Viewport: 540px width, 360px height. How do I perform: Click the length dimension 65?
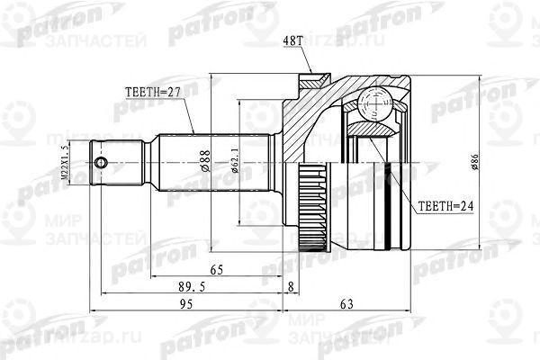coord(216,269)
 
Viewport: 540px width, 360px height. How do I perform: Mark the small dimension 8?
coord(289,288)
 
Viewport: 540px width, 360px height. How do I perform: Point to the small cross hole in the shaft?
coord(103,163)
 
